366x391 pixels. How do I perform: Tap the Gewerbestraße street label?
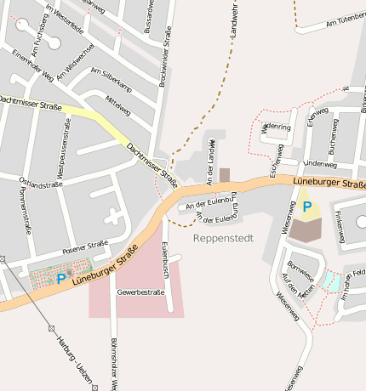[x=140, y=292]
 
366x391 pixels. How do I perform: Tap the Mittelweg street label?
[x=117, y=105]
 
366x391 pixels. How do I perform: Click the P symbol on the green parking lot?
[x=60, y=277]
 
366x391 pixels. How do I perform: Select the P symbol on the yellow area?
[x=306, y=206]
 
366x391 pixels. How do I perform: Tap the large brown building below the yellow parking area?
[x=306, y=228]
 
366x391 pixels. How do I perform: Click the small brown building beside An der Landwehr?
[x=225, y=174]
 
